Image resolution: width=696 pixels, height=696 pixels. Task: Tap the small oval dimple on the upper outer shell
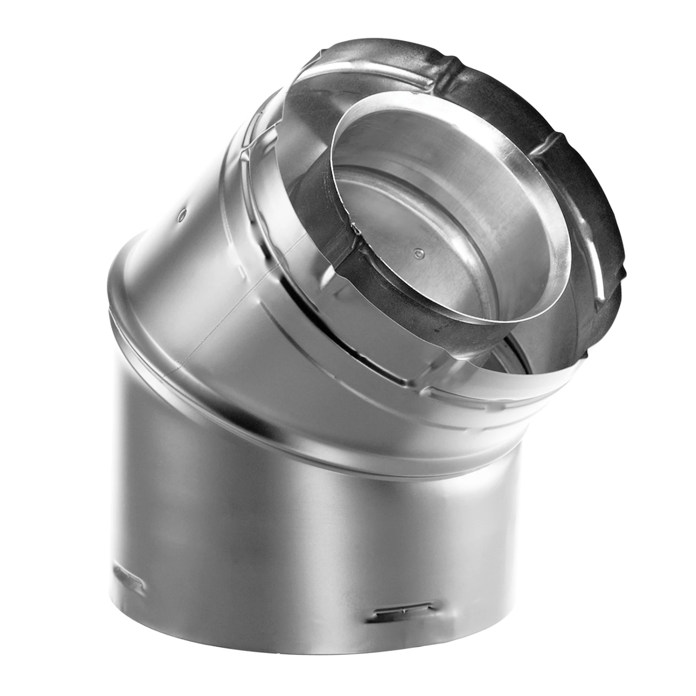click(181, 214)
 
